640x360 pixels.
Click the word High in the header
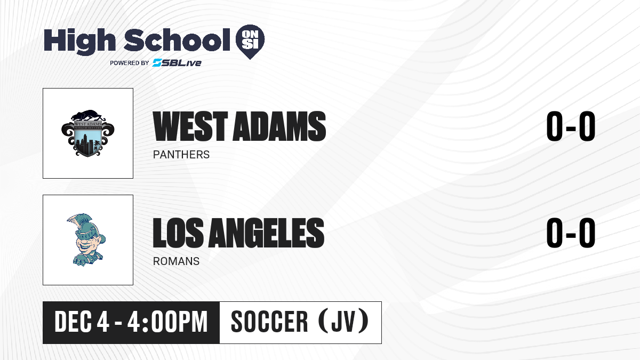click(x=80, y=42)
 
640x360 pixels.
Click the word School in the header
click(x=177, y=40)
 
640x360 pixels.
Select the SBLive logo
click(x=177, y=63)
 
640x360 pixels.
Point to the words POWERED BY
click(x=130, y=63)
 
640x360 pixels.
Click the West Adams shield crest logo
click(x=88, y=133)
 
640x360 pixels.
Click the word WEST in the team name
click(x=190, y=126)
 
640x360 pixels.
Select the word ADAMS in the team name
click(x=279, y=126)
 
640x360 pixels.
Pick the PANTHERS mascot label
click(x=181, y=155)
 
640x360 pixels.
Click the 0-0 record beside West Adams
click(x=571, y=126)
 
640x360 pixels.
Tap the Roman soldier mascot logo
click(x=86, y=239)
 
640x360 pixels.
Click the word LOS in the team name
click(x=178, y=233)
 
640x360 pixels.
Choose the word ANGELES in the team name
click(x=266, y=233)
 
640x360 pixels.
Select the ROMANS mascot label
click(x=176, y=261)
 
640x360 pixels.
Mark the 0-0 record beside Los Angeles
click(x=571, y=233)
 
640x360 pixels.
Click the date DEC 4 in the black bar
click(x=82, y=322)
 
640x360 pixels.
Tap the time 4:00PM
click(x=167, y=322)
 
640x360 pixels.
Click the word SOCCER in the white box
click(x=269, y=322)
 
